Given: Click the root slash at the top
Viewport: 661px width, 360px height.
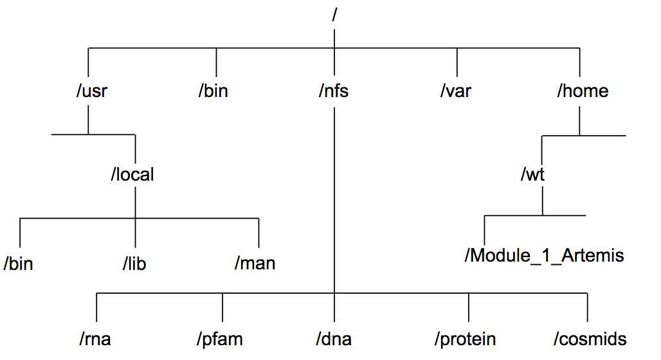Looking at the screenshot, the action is [x=334, y=15].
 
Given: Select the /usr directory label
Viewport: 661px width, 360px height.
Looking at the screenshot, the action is [x=92, y=91].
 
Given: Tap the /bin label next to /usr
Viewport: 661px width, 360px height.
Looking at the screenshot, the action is [x=213, y=91].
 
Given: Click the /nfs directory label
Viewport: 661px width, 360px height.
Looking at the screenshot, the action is [x=334, y=91].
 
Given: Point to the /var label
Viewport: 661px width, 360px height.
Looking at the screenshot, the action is [x=456, y=91].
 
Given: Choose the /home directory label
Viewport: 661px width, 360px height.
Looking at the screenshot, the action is [x=583, y=91].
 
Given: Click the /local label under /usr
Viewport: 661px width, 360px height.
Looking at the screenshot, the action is [x=132, y=174].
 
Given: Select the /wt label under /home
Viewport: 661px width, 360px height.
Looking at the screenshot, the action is [x=533, y=174].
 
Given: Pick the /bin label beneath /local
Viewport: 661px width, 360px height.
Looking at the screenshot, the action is [x=18, y=264].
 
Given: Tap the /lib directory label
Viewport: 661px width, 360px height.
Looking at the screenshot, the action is [x=134, y=264].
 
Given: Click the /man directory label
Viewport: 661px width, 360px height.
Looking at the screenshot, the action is [x=255, y=263].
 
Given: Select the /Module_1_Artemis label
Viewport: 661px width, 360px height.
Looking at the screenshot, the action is [x=544, y=255].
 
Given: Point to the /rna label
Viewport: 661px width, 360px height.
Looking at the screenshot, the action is [x=95, y=339].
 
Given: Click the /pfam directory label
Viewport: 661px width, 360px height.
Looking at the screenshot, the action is [x=220, y=339].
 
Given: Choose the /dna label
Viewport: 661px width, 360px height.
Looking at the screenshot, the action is [x=334, y=339].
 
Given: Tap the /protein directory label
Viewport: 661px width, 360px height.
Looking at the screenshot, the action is [x=466, y=339].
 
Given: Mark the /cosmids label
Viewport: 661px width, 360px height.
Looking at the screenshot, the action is [x=590, y=339].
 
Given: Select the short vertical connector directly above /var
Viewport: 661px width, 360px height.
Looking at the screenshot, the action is [x=457, y=62].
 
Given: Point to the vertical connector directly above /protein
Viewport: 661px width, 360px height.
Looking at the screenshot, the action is [x=468, y=307].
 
